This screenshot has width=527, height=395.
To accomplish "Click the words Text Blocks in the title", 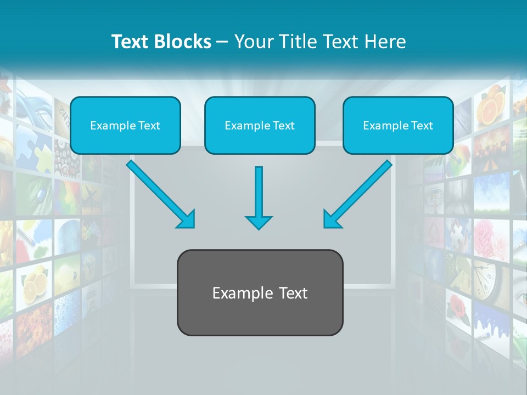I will (161, 42).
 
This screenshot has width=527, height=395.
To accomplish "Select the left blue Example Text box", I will (125, 125).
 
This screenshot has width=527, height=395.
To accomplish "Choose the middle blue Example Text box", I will (260, 125).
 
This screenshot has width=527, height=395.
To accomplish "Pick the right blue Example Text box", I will (398, 125).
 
